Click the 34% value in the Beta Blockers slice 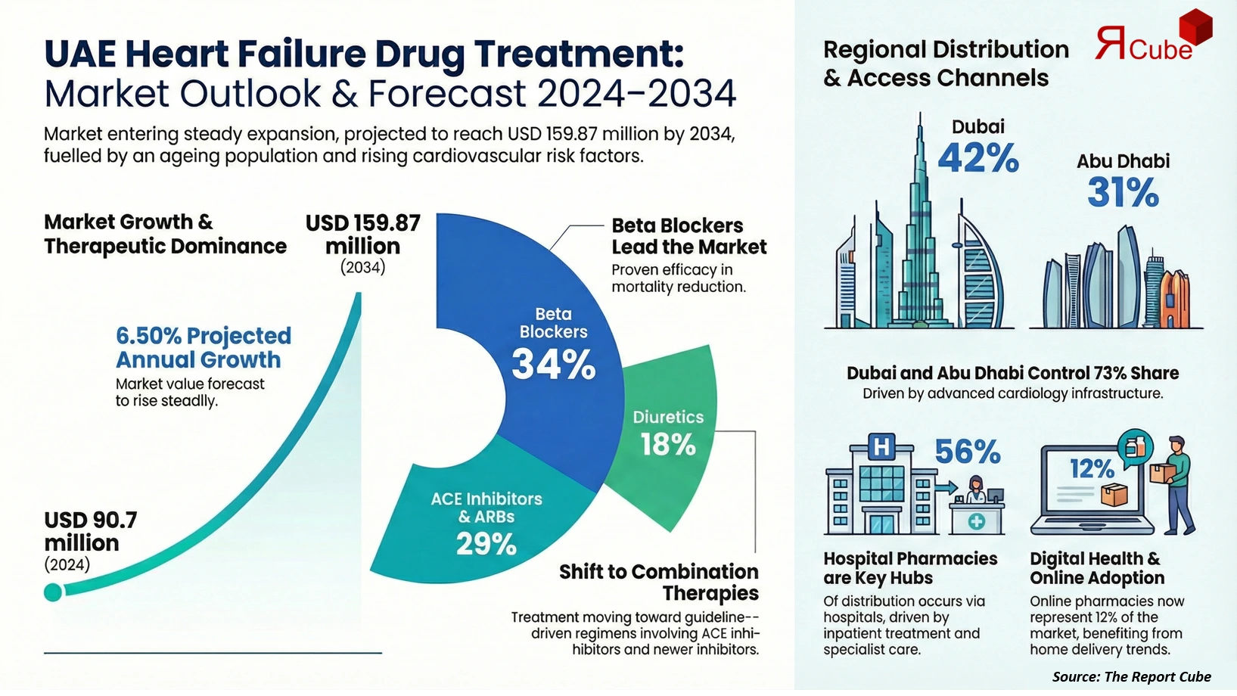coord(553,365)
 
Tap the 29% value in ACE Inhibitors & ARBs coord(486,544)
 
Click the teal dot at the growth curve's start coord(53,592)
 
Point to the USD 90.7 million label coord(91,531)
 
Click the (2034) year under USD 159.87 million coord(362,268)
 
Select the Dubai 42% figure coord(977,158)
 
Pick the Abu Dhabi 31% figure coord(1123,192)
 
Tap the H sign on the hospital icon coord(881,447)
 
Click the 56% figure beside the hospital coord(967,452)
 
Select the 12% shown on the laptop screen coord(1091,469)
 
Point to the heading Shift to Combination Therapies coord(658,582)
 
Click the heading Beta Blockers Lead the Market coord(688,236)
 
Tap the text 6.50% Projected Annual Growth coord(203,347)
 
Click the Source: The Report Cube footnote coord(1131,676)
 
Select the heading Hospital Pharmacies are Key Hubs coord(909,568)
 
